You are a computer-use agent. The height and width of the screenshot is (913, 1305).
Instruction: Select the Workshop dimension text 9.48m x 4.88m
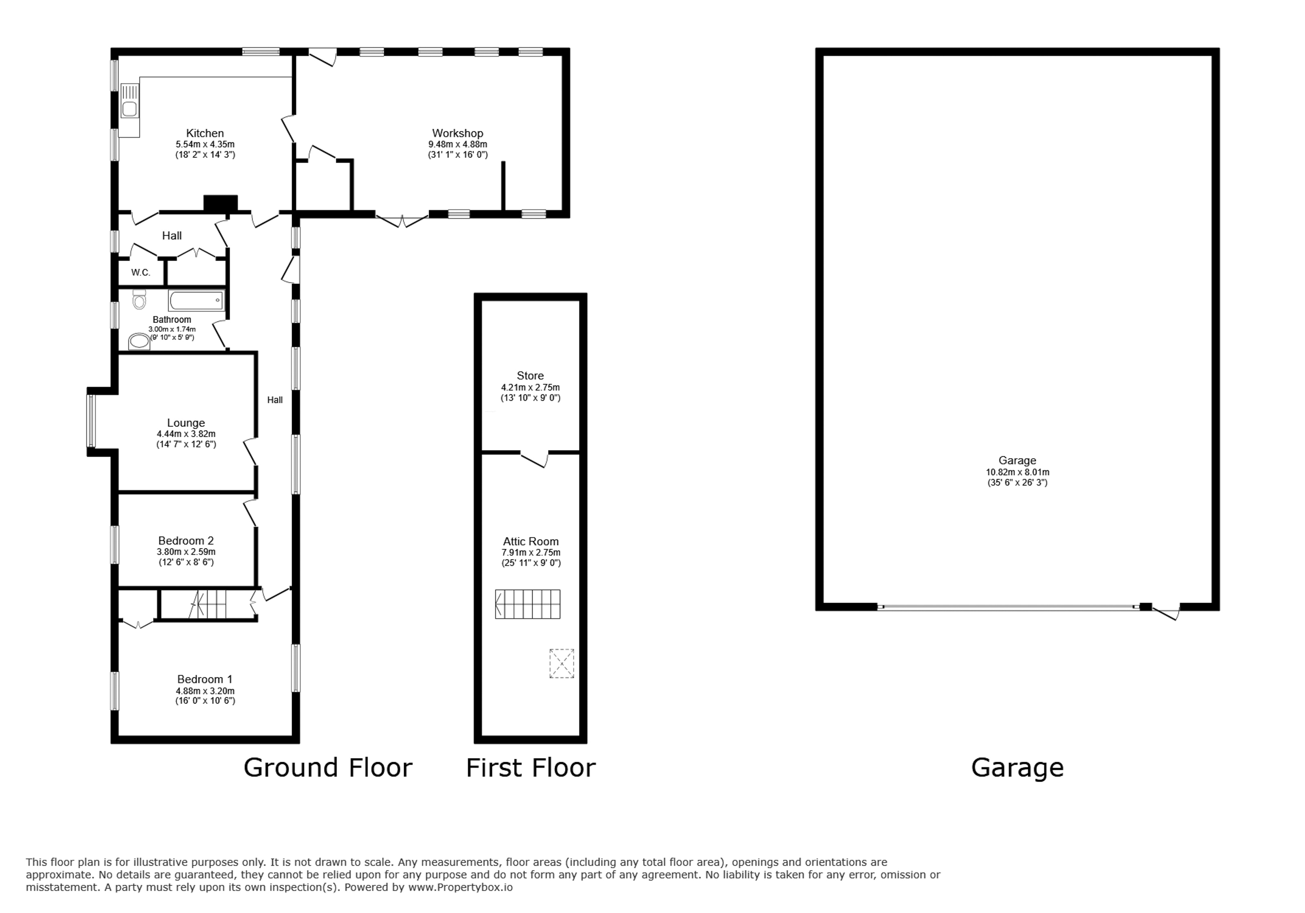coord(458,144)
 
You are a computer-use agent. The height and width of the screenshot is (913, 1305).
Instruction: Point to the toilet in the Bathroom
coord(139,298)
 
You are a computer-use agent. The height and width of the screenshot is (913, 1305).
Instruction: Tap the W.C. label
coord(141,273)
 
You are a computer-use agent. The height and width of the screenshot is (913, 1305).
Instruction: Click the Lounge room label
coord(186,423)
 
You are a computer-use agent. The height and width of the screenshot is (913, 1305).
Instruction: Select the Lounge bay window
coord(91,421)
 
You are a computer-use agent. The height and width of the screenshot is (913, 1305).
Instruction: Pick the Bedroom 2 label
coord(186,541)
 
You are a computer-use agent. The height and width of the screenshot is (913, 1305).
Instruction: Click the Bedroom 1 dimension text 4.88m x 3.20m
coord(205,691)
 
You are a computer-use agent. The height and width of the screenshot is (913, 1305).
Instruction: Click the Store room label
coord(530,376)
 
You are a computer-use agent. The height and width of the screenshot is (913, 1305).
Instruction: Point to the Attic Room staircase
coord(527,604)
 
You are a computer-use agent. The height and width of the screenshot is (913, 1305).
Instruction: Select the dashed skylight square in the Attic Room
coord(562,663)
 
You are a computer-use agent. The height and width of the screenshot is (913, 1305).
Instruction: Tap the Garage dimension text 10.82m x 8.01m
coord(1017,472)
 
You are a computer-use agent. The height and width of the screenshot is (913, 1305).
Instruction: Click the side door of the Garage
coord(1167,613)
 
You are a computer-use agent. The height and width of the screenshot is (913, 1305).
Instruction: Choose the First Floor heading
coord(531,767)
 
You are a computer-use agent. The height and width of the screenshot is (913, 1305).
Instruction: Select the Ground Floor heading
coord(328,767)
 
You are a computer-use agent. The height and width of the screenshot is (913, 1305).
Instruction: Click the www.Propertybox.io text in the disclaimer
coord(460,887)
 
